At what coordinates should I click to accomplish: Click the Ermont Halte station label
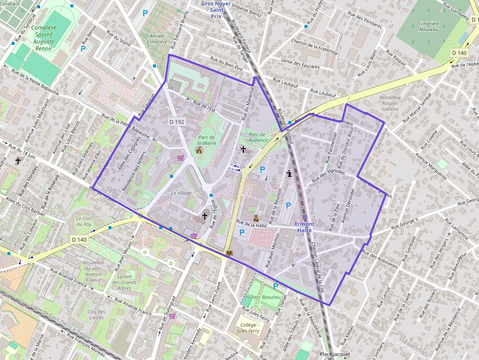[305, 227]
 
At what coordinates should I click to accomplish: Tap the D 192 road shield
[176, 121]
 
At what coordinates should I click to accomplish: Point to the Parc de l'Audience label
[257, 137]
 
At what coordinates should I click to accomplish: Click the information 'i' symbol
[290, 173]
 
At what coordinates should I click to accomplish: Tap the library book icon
[229, 254]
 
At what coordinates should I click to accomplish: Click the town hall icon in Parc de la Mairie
[198, 150]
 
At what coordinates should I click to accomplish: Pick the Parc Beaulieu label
[265, 297]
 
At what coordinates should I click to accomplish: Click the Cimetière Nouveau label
[429, 26]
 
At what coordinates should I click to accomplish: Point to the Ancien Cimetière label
[157, 39]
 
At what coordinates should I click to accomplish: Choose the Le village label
[181, 193]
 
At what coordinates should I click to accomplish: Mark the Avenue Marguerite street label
[431, 166]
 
